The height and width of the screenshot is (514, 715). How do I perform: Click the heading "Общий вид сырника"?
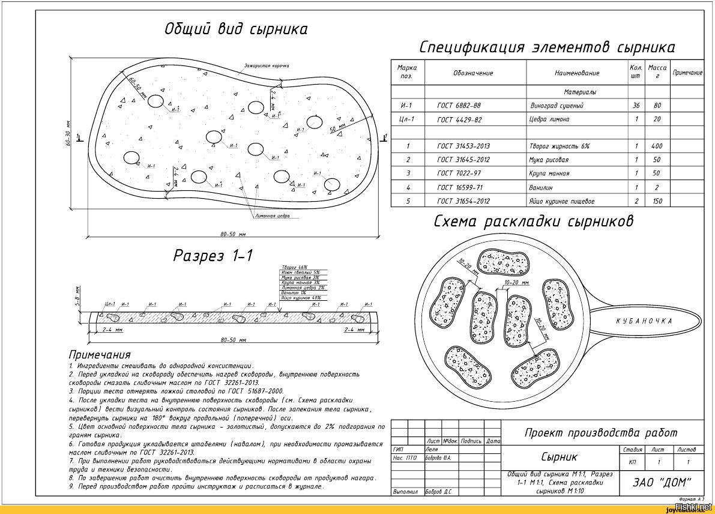tap(236, 29)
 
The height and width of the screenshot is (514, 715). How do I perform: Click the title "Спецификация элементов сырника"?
tap(546, 47)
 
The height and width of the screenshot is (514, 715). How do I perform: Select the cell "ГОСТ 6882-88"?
tap(459, 106)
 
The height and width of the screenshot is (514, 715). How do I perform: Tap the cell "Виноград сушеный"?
tap(557, 106)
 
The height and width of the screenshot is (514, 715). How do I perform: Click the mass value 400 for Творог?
tap(657, 146)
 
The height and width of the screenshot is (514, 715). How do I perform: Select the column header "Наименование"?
tap(577, 73)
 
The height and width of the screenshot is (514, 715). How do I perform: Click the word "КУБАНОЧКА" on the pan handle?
tap(644, 321)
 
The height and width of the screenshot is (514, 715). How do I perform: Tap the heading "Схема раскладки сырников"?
tap(534, 222)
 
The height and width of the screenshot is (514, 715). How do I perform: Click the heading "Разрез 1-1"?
tap(213, 255)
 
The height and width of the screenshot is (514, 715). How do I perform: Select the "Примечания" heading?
tap(100, 354)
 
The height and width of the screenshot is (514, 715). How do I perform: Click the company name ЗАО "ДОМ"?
tap(662, 482)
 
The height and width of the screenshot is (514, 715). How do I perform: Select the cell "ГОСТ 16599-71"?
tap(459, 187)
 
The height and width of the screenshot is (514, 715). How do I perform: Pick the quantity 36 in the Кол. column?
tap(636, 106)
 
